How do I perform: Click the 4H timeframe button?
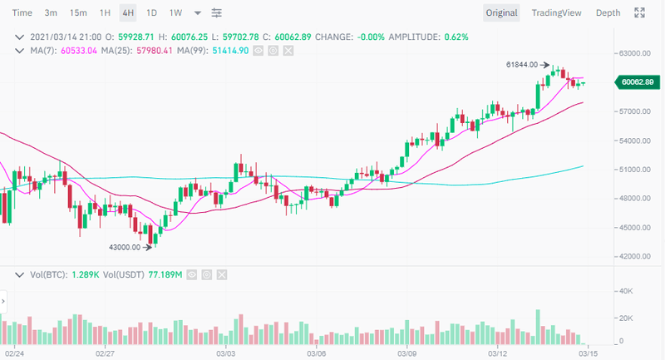click(127, 13)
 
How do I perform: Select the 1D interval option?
click(150, 13)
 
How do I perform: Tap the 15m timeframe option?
click(78, 13)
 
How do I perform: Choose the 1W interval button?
click(175, 13)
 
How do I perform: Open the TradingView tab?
click(558, 13)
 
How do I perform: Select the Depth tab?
click(608, 13)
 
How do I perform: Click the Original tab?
click(501, 13)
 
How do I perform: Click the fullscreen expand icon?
click(639, 13)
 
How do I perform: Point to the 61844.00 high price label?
click(521, 65)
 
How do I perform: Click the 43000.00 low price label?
click(125, 247)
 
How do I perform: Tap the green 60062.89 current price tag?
click(636, 81)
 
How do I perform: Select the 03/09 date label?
click(406, 353)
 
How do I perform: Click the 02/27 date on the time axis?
click(104, 353)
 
